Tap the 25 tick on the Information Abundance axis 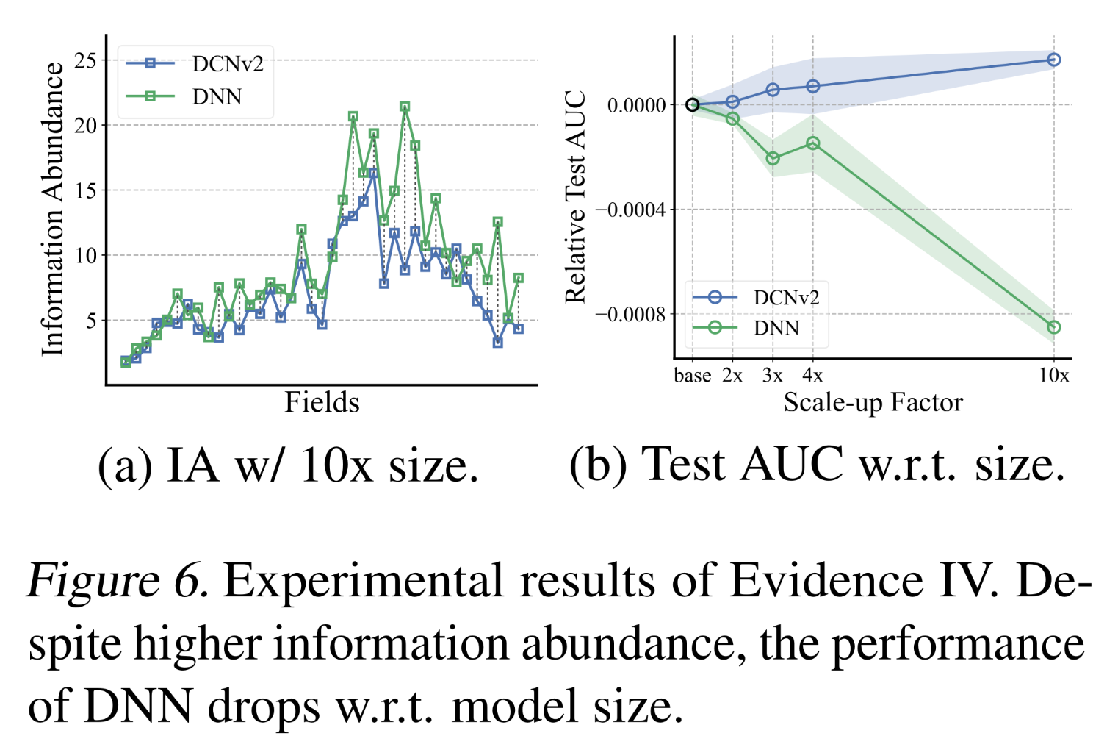coord(86,60)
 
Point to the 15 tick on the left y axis coord(86,190)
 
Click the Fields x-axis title coord(322,402)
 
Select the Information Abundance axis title coord(53,209)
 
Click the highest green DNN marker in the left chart coord(405,107)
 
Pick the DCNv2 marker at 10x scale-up coord(1053,60)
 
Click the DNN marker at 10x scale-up coord(1053,327)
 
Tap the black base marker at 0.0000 coord(692,104)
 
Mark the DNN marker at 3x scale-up coord(773,158)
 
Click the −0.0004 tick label coord(630,210)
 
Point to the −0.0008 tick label coord(630,315)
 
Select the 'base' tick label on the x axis coord(692,376)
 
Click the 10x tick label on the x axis coord(1053,376)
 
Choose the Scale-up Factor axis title coord(873,402)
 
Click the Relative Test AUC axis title coord(575,197)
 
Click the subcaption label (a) coord(125,465)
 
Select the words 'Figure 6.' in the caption coord(118,581)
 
